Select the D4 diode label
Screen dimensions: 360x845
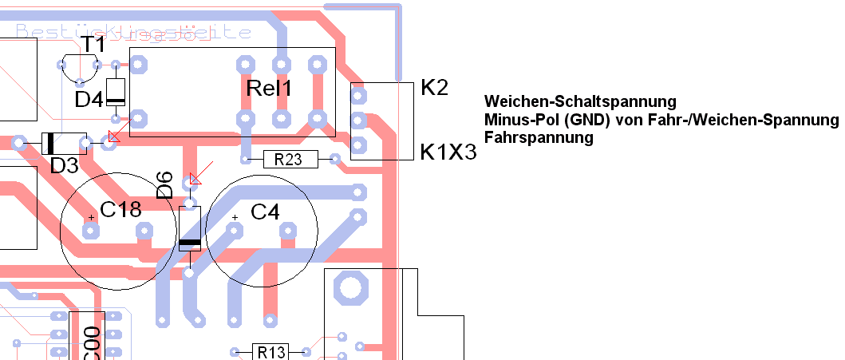89,99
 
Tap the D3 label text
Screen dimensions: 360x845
64,166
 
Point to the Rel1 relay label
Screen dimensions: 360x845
269,89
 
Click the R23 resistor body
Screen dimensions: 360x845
288,160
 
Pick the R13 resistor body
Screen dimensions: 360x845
270,351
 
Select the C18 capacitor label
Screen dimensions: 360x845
120,210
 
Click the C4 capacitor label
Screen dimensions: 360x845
265,212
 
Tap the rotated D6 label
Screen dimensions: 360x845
164,185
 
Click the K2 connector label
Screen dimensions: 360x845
435,88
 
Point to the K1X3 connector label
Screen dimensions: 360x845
448,152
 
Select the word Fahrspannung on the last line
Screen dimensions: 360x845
539,137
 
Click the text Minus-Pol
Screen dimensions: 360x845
516,120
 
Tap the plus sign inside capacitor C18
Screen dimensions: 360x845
93,216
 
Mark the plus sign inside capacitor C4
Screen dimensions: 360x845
235,217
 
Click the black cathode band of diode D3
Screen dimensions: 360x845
50,143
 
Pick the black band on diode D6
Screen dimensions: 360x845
190,243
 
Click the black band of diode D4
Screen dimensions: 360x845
116,101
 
